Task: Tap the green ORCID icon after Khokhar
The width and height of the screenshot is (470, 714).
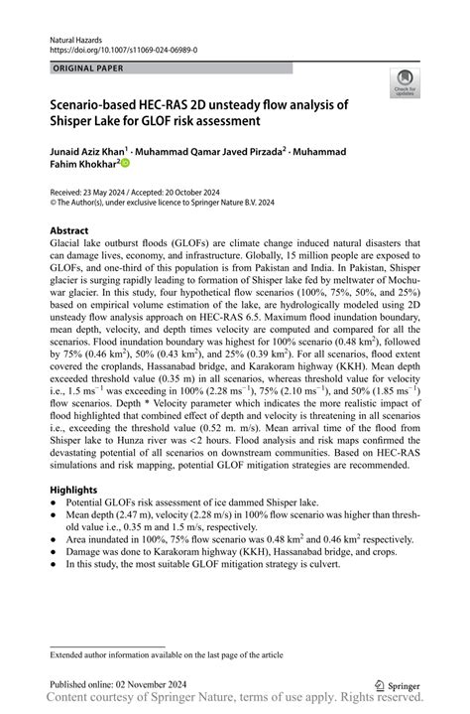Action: click(125, 163)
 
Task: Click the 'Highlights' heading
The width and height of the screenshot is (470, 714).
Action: click(74, 490)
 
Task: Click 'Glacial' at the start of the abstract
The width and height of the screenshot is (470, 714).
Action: click(67, 243)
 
